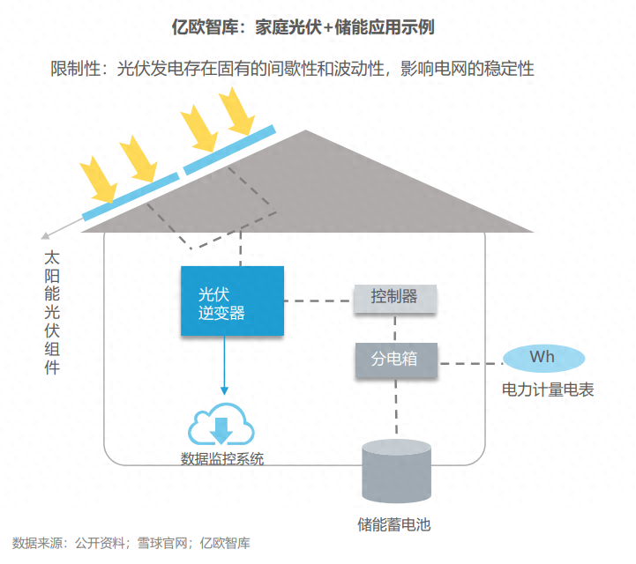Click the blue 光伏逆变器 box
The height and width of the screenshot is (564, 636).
pyautogui.click(x=233, y=301)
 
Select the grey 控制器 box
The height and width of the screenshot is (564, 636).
pyautogui.click(x=394, y=298)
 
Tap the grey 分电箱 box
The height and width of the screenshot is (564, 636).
pyautogui.click(x=397, y=361)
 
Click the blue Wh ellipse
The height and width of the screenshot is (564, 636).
pyautogui.click(x=542, y=358)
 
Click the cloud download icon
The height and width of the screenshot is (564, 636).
pyautogui.click(x=221, y=426)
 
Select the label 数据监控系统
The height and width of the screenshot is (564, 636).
pyautogui.click(x=221, y=459)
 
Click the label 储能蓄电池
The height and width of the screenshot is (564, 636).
pyautogui.click(x=394, y=525)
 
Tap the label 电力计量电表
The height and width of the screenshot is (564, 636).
pyautogui.click(x=548, y=389)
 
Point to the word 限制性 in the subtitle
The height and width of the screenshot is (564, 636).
pyautogui.click(x=79, y=69)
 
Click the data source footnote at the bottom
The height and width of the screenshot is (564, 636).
pyautogui.click(x=131, y=543)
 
